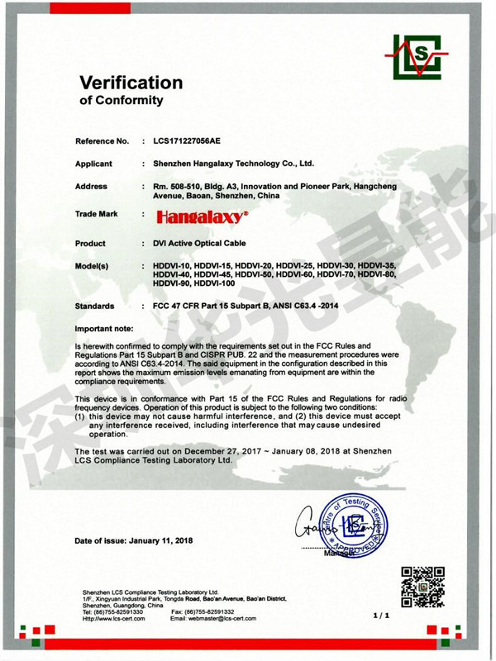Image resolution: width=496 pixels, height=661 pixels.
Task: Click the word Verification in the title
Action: point(131,83)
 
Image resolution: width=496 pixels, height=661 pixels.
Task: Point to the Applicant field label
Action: point(93,164)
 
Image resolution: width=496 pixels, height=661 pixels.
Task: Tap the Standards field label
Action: point(94,306)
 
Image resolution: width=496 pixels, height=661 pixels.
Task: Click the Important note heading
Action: point(104,329)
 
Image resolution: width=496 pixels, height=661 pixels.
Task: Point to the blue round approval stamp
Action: point(355,526)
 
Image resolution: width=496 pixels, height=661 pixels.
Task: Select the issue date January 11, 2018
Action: point(162,540)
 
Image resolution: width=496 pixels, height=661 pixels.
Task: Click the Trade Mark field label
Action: point(96,214)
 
